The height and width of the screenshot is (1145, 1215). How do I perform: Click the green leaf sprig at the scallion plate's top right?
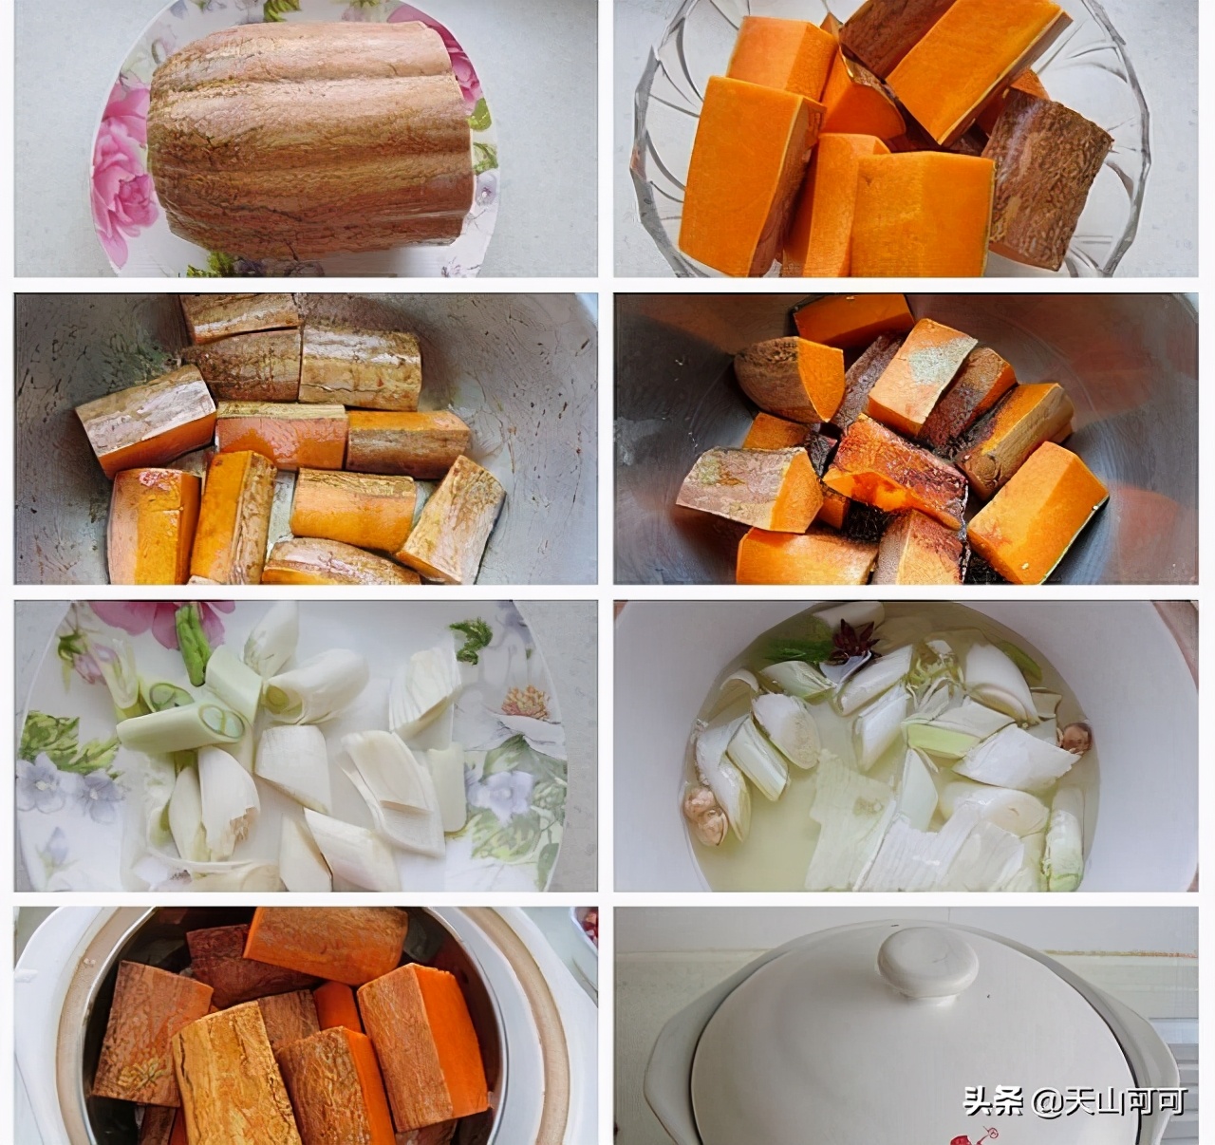[x=472, y=639]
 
